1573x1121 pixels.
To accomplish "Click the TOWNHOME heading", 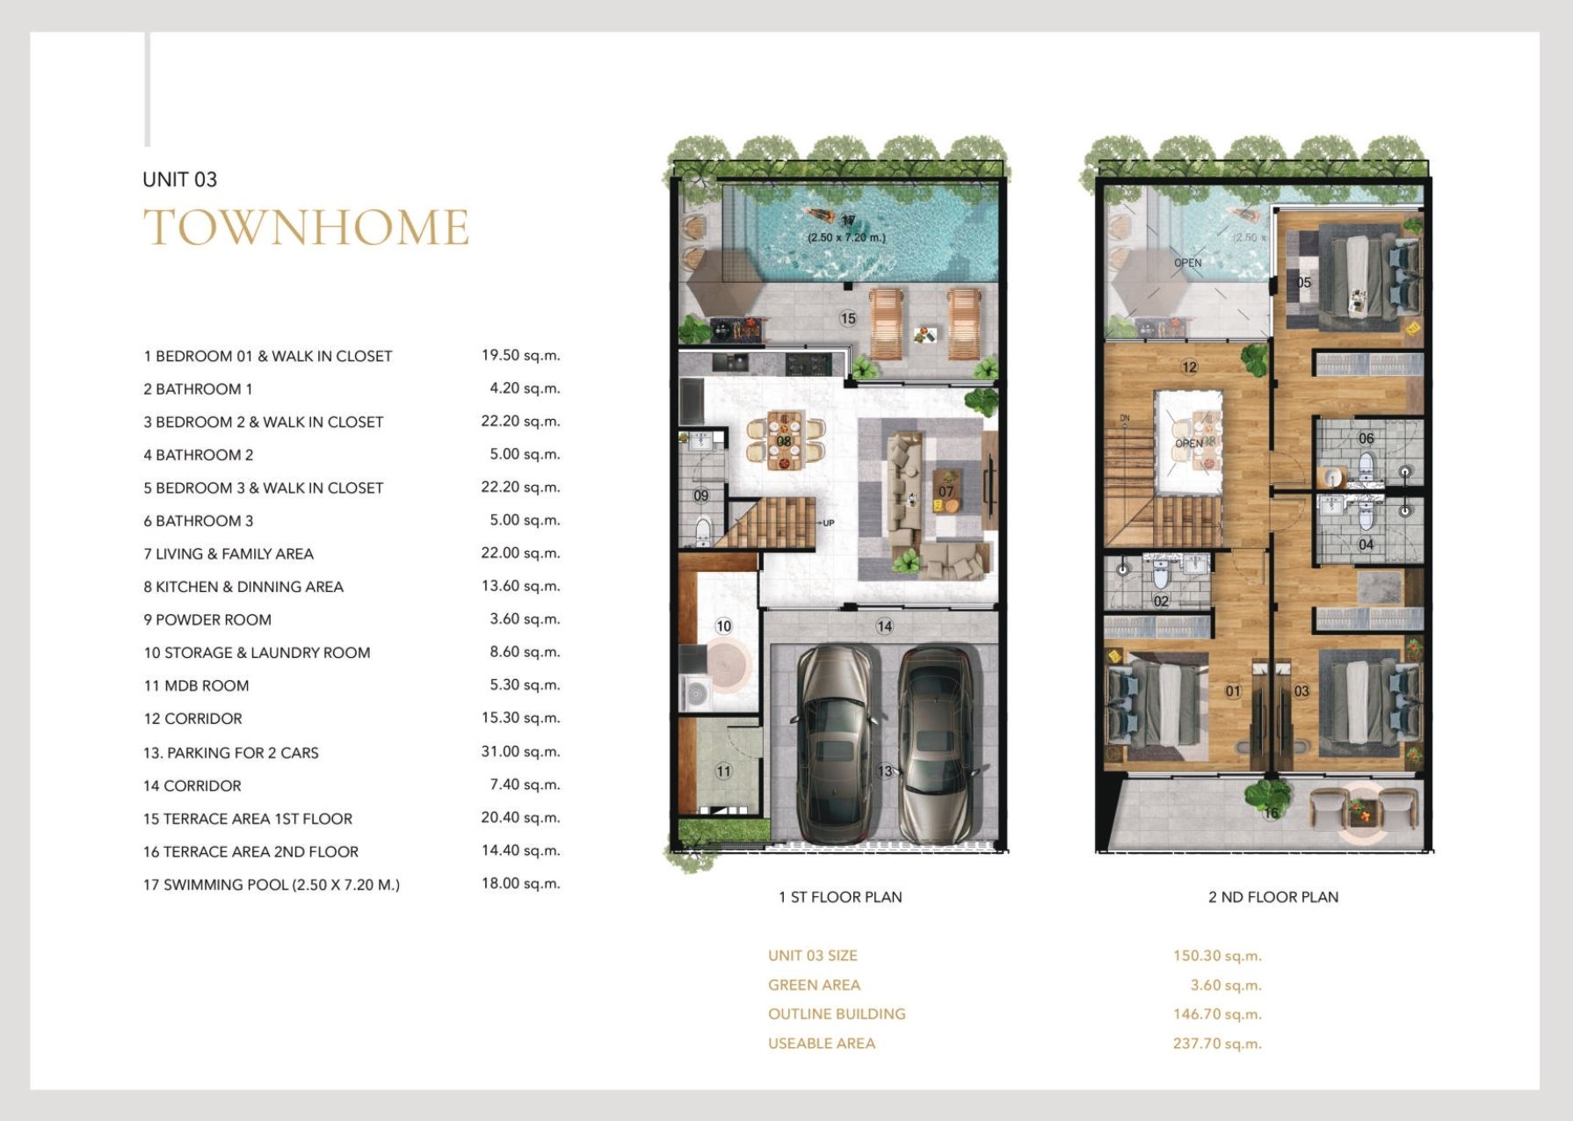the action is pos(306,228).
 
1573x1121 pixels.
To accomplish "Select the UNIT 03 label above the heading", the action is pos(179,179).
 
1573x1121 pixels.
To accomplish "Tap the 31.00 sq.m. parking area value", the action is pos(520,751).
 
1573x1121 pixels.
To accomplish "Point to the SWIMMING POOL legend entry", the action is pos(272,885).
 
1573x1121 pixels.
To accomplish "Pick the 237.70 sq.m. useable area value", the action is pos(1217,1044).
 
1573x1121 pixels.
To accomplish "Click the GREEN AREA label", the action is pos(814,985).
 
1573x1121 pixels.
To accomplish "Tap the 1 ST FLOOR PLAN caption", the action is pos(840,897).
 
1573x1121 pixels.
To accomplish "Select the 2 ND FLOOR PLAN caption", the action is pos(1273,897).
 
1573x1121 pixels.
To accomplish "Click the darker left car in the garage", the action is pos(836,743).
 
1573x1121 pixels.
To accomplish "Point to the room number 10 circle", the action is pos(723,626).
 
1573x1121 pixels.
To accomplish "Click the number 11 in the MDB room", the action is pos(723,771).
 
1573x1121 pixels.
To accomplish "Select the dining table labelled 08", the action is pos(784,440).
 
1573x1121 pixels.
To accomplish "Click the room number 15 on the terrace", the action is pos(847,318).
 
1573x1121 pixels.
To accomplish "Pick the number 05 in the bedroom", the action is pos(1303,282).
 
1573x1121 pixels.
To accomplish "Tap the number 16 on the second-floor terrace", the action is pos(1271,813).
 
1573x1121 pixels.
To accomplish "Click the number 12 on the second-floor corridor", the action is pos(1190,367).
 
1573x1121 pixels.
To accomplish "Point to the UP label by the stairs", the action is pos(828,523).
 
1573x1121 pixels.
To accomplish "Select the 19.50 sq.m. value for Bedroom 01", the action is pos(520,355).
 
